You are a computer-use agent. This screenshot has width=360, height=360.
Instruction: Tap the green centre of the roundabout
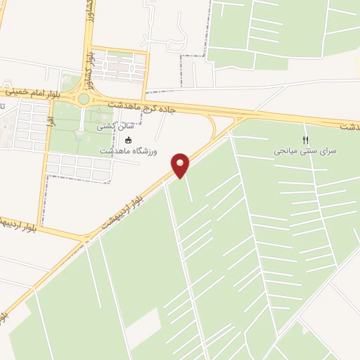(x=84, y=99)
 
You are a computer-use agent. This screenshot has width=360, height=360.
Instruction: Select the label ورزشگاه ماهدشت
(x=128, y=151)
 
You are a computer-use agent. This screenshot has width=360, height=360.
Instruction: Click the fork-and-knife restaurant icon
(x=305, y=140)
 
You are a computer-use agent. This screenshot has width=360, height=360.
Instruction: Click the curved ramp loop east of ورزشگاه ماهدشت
(x=213, y=129)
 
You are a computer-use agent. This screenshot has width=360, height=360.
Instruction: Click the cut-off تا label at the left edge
(x=3, y=106)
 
